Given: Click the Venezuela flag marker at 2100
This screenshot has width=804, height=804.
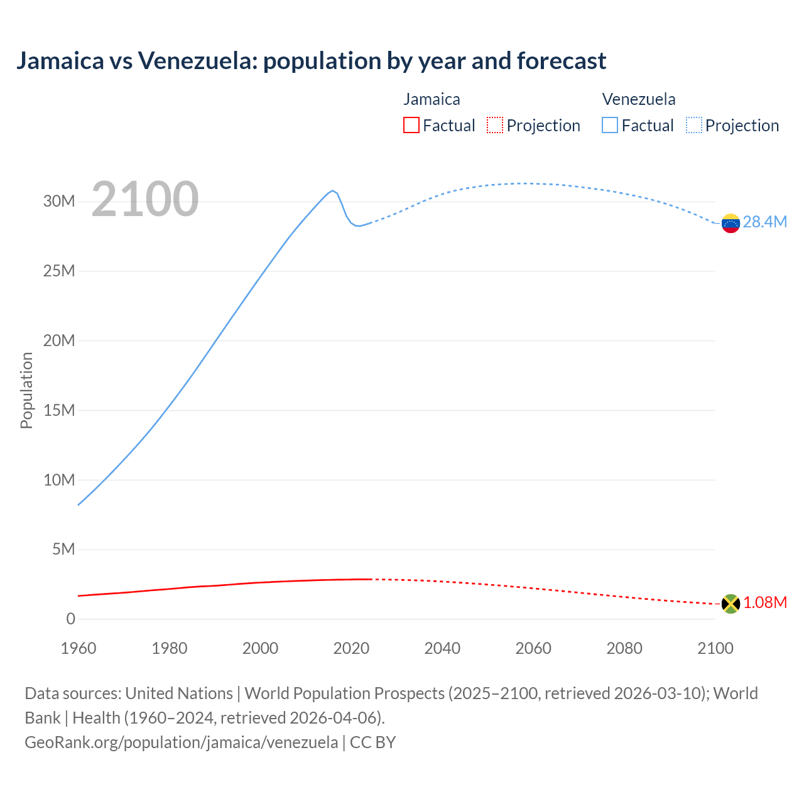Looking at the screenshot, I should click(x=731, y=223).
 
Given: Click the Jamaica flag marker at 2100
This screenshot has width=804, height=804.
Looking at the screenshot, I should click(x=731, y=604).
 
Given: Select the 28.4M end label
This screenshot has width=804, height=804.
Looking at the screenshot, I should click(x=764, y=222).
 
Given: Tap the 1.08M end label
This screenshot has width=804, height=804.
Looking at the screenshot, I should click(x=765, y=602).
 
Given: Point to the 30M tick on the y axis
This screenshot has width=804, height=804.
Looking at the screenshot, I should click(x=59, y=202).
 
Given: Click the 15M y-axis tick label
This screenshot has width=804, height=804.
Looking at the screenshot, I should click(x=59, y=410).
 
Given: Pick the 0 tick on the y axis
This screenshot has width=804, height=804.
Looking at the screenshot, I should click(x=70, y=619).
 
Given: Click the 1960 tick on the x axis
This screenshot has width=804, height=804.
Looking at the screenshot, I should click(x=79, y=648).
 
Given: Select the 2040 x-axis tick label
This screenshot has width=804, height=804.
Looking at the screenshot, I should click(x=442, y=648).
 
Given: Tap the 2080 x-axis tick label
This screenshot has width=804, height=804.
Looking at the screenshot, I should click(x=624, y=648).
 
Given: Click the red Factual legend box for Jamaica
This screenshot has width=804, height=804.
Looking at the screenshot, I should click(x=411, y=125).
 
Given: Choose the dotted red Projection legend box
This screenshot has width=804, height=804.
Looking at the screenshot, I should click(x=495, y=125).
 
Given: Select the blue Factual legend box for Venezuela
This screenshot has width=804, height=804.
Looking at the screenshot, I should click(x=610, y=125).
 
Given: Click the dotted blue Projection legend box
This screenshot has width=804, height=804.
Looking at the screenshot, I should click(x=694, y=125).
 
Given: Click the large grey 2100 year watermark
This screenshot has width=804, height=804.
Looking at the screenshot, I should click(x=145, y=199).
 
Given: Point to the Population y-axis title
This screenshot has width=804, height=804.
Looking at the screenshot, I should click(x=26, y=390).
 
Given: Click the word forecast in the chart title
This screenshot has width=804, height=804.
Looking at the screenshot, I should click(x=562, y=61).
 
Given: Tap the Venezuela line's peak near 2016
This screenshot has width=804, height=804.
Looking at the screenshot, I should click(x=332, y=190).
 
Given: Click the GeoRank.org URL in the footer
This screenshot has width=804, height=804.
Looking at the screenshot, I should click(x=181, y=742).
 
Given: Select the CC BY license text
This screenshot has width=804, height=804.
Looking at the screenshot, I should click(x=372, y=742).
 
